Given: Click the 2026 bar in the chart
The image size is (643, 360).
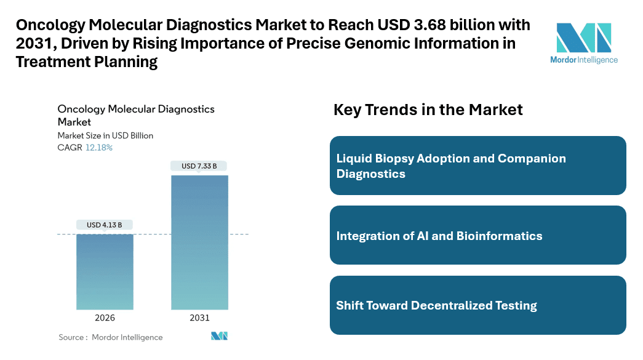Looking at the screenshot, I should point(105,271).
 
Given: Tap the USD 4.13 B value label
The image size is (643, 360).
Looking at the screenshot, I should point(104,225).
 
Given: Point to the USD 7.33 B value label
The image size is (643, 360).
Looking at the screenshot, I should point(199,166).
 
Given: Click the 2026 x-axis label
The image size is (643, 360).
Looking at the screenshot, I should point(105,318).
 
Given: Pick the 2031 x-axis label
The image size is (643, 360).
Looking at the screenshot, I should point(199,318).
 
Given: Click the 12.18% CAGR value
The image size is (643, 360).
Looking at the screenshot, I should point(99,148).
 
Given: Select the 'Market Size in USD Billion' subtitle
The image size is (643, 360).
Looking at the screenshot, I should point(105,135).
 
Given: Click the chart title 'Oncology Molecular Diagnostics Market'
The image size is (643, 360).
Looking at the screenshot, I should point(135,115).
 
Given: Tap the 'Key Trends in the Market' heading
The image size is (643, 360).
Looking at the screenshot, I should point(428,110).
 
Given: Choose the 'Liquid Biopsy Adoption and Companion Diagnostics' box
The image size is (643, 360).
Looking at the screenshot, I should point(477,166).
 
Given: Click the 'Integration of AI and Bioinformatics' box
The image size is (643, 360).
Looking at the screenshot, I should point(477,236).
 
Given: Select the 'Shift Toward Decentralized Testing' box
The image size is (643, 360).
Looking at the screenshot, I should point(477,305).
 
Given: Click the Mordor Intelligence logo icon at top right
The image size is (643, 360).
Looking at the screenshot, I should point(584,38).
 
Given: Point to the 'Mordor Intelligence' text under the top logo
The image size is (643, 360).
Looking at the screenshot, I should point(584,60).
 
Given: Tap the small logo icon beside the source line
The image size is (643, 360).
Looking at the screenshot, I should point(220,336).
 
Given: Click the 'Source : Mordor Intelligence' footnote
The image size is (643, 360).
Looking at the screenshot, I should point(111,337).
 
